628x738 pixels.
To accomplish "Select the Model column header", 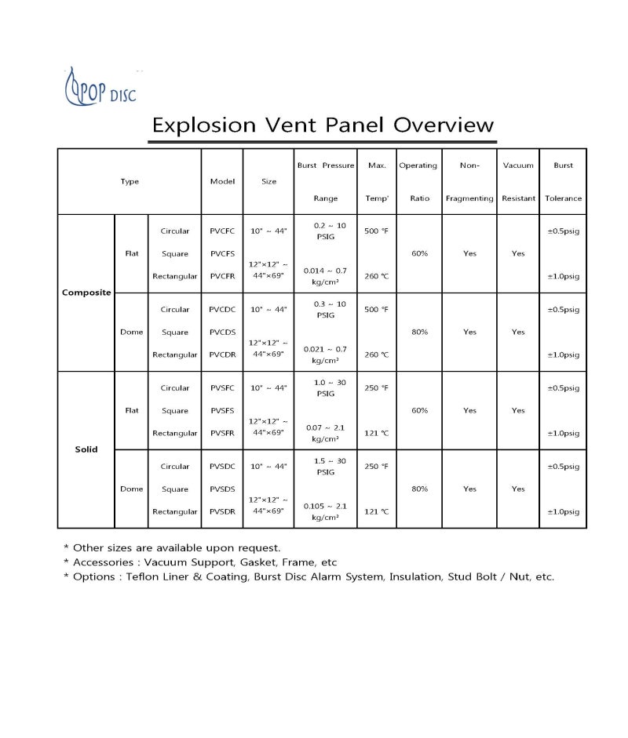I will (222, 181).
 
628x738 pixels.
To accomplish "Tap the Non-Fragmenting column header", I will (469, 182).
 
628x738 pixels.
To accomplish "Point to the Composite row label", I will (86, 293).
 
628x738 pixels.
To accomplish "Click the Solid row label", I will (86, 449).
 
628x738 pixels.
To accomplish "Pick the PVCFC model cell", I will (222, 231).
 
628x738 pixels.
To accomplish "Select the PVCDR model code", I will (222, 354).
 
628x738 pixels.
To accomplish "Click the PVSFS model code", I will (222, 410).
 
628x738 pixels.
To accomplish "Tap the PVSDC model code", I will (222, 467).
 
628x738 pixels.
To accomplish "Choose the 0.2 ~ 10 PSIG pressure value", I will (325, 231).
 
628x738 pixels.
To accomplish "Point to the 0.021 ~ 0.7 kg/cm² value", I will (325, 354).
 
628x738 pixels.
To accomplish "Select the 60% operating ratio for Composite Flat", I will (419, 253).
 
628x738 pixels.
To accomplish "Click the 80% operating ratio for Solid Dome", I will (419, 489).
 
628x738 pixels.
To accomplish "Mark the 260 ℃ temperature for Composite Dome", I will (377, 354).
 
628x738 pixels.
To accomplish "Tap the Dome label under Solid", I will (131, 489).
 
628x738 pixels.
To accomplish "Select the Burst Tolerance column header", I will (563, 182).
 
